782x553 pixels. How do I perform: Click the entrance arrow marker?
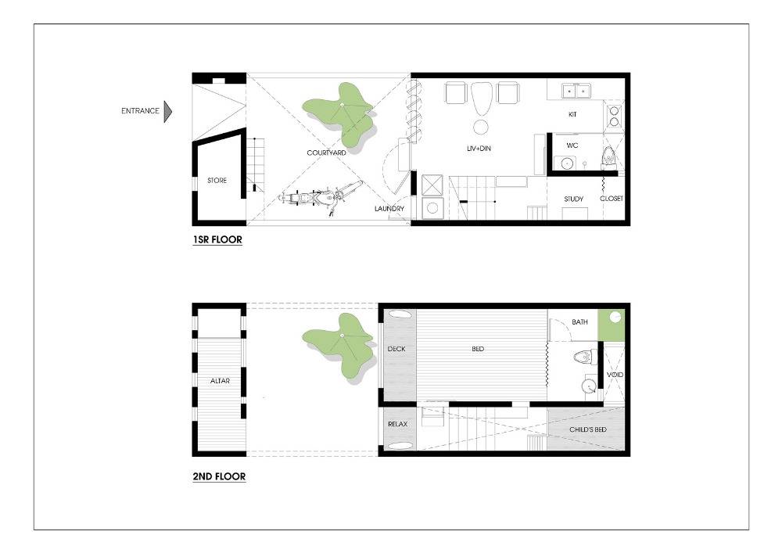(168, 111)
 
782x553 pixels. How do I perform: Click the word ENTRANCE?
(140, 111)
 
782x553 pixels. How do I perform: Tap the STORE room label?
(217, 181)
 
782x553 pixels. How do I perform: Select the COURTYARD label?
(326, 153)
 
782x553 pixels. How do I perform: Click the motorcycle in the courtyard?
(320, 197)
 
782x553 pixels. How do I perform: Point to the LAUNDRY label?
(389, 208)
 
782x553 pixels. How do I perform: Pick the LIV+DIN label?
(479, 148)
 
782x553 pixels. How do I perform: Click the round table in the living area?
(481, 127)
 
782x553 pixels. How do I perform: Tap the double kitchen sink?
(576, 92)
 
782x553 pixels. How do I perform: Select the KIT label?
(572, 114)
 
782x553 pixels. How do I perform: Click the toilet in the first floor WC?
(608, 156)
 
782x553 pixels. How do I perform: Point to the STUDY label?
(573, 199)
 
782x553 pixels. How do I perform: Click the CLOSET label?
(612, 199)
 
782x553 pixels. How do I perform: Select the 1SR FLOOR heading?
(217, 240)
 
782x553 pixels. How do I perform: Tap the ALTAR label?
(220, 381)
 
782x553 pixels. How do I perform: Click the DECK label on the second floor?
(396, 349)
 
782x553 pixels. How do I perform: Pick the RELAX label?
(397, 425)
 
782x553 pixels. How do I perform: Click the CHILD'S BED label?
(588, 429)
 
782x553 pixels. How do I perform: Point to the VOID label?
(615, 375)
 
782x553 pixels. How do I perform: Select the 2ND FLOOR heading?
(219, 476)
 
